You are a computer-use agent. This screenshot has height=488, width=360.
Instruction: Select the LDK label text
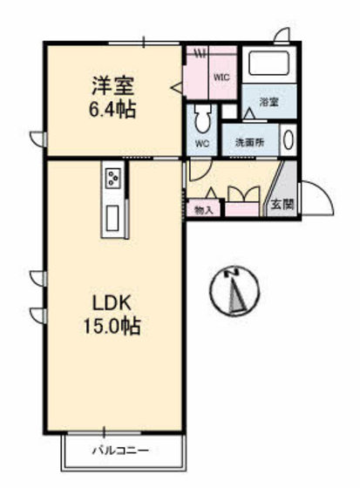(x=112, y=304)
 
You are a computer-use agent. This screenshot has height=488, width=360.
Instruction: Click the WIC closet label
(x=221, y=77)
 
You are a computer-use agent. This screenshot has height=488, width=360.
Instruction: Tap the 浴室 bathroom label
(x=268, y=102)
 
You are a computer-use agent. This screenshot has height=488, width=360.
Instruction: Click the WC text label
(x=202, y=144)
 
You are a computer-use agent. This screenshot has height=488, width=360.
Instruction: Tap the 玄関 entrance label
(x=281, y=206)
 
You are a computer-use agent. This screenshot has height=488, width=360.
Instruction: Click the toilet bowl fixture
(x=203, y=117)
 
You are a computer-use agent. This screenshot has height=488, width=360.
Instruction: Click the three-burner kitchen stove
(x=114, y=179)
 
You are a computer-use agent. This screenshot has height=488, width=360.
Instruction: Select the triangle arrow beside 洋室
(x=176, y=86)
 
